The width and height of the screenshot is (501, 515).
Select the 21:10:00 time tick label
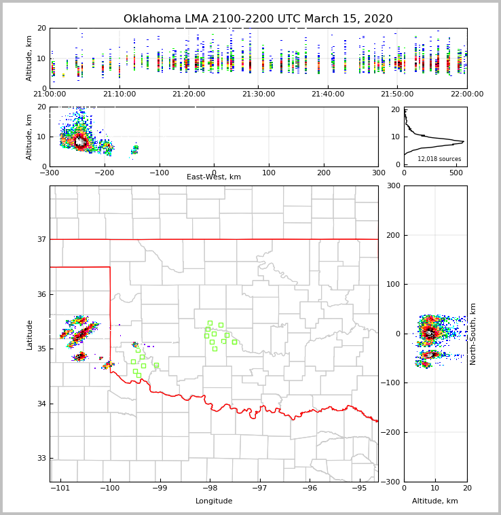tap(119, 94)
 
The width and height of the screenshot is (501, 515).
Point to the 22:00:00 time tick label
tap(467, 94)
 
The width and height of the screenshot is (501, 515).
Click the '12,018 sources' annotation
tap(439, 159)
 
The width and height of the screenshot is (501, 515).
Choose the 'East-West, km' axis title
tap(214, 177)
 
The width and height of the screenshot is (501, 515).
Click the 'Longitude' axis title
tap(214, 501)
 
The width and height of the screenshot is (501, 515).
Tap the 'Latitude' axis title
tap(30, 334)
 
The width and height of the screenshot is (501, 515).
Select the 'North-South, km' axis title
tap(474, 334)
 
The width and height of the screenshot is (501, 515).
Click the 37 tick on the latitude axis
tap(41, 239)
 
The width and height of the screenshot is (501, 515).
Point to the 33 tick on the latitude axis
tap(41, 459)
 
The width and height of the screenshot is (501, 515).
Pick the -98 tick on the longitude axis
tap(210, 488)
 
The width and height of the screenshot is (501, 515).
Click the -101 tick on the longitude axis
tap(60, 488)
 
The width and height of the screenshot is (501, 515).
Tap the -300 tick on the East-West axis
tap(50, 173)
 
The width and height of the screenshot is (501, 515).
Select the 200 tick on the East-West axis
tap(324, 173)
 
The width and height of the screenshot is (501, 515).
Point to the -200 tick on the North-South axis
tap(391, 432)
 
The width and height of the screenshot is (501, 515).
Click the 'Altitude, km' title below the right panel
tap(435, 501)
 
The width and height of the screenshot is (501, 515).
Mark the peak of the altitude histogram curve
tap(464, 141)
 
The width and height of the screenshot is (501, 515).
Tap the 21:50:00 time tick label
tap(398, 94)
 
